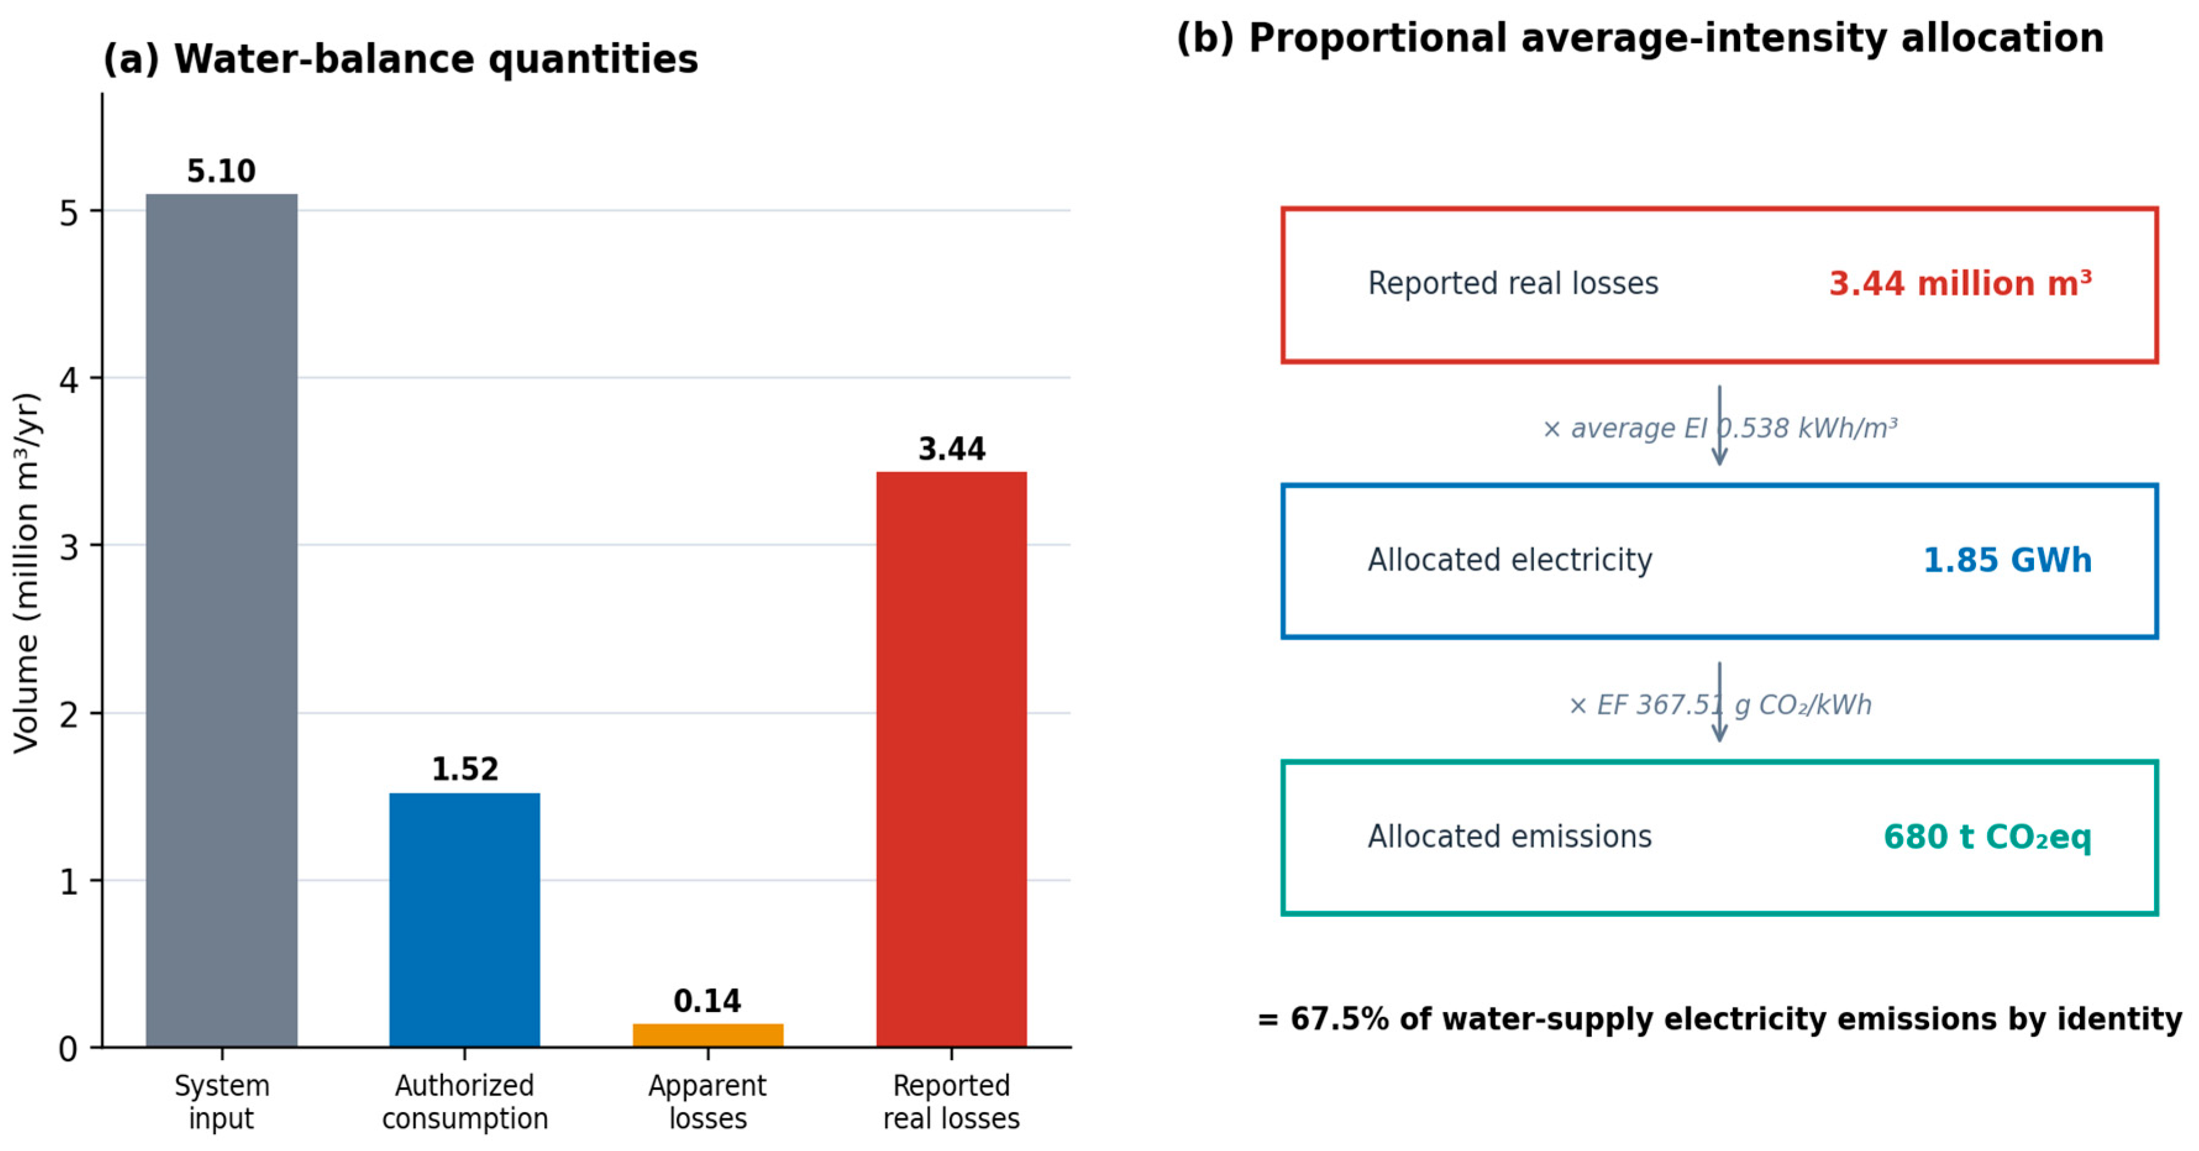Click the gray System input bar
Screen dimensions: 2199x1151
coord(222,620)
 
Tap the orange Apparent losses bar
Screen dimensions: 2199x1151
coord(708,1035)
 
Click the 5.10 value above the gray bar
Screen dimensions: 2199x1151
coord(221,172)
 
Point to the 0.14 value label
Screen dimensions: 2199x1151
coord(708,1001)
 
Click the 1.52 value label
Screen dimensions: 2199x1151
coord(464,769)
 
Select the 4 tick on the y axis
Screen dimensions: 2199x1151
coord(69,379)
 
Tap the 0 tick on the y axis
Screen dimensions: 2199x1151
coord(69,1048)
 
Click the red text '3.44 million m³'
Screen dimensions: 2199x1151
coord(1960,283)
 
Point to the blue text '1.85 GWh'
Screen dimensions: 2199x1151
coord(2007,560)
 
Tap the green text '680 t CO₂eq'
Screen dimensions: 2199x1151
coord(1987,837)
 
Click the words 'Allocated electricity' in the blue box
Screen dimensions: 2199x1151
coord(1510,560)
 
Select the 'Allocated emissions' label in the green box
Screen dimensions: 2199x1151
coord(1510,837)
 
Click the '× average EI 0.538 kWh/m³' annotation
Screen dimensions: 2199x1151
coord(1719,428)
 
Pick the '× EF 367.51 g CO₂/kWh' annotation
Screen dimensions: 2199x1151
coord(1719,705)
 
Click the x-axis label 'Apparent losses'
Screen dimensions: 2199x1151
coord(708,1102)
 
